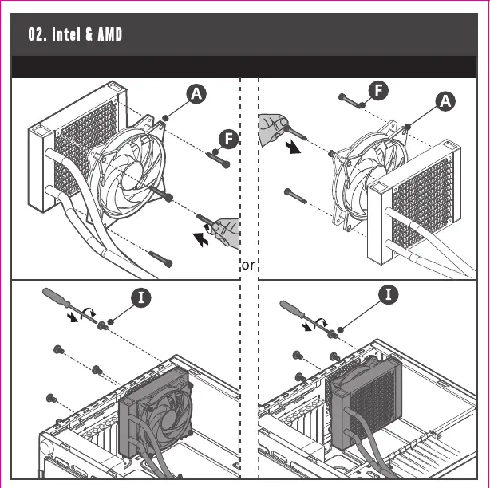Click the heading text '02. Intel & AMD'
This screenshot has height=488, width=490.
(x=76, y=35)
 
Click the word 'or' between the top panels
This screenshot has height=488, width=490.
(x=247, y=265)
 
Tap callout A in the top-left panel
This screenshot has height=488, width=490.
(x=196, y=93)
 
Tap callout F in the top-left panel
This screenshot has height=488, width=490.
(x=229, y=140)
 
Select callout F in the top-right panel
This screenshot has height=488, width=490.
(x=378, y=89)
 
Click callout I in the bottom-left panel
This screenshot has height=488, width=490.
(x=140, y=298)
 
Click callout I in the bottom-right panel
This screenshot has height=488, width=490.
(x=388, y=294)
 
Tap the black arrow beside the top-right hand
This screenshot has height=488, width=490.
(x=296, y=148)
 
